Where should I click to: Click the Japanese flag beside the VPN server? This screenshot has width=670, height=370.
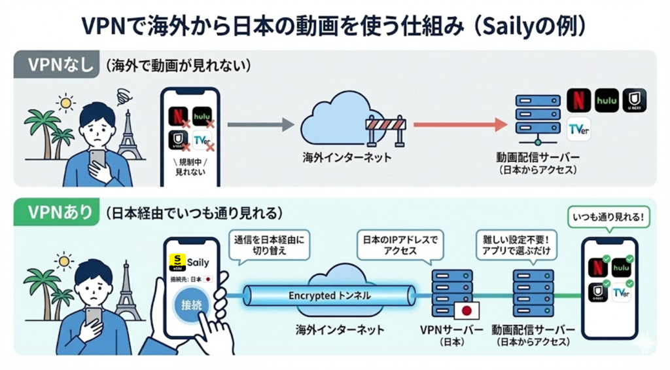[467, 310]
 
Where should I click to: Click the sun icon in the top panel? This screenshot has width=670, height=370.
[65, 103]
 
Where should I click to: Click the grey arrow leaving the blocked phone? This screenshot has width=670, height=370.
[258, 124]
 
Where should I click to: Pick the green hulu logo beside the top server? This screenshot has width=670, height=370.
[607, 100]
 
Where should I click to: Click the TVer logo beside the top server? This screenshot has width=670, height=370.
[579, 128]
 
